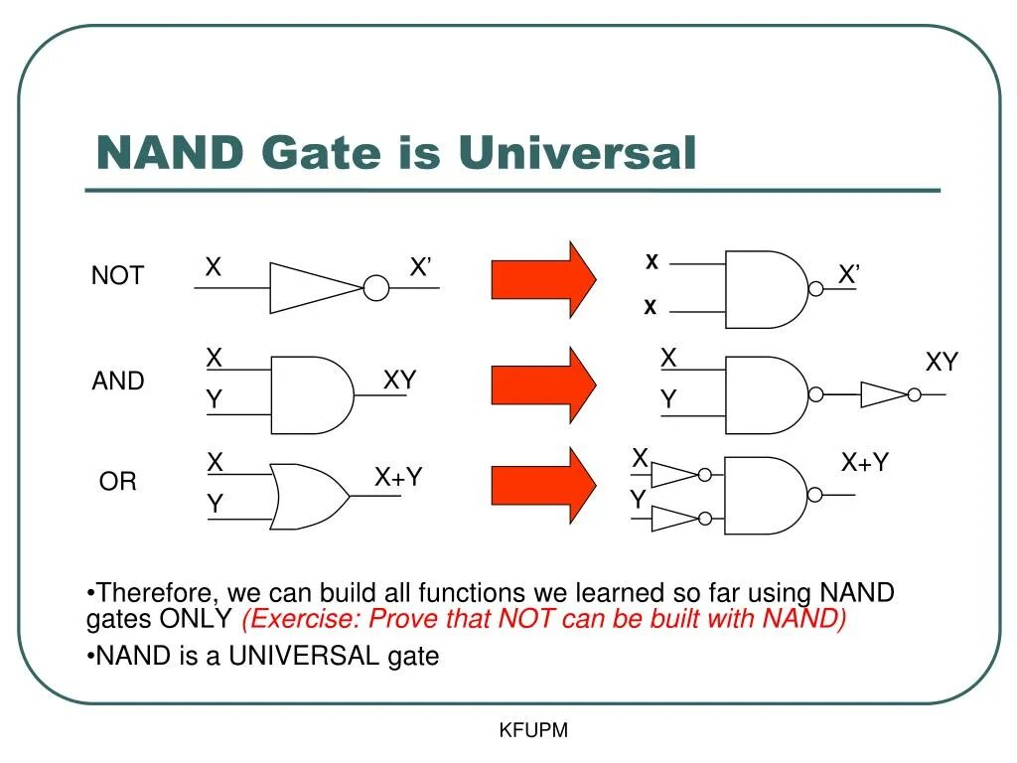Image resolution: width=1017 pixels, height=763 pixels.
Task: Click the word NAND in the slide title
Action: click(170, 154)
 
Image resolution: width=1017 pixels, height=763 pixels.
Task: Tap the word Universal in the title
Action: click(577, 154)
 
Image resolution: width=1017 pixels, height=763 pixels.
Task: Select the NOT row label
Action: click(117, 276)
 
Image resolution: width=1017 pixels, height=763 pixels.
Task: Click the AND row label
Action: click(118, 381)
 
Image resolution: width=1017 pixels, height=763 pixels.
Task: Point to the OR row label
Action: click(117, 482)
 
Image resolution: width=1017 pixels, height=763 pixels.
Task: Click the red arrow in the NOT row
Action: click(542, 279)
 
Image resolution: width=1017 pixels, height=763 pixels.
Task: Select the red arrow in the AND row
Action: click(542, 384)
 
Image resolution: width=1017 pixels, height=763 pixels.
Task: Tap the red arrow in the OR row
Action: click(542, 485)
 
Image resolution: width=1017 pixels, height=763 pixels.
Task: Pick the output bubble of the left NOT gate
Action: click(375, 288)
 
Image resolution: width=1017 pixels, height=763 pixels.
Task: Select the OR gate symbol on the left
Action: click(308, 495)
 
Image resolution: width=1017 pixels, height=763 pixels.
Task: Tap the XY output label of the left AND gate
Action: click(399, 381)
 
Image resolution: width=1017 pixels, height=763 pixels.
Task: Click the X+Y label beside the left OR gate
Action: click(398, 478)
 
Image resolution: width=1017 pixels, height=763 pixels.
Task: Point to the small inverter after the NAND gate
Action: click(883, 394)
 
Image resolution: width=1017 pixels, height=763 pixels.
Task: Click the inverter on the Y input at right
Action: click(675, 518)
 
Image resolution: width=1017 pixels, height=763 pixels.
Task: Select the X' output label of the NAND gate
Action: click(848, 275)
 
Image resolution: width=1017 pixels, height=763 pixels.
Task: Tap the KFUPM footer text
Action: click(533, 731)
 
